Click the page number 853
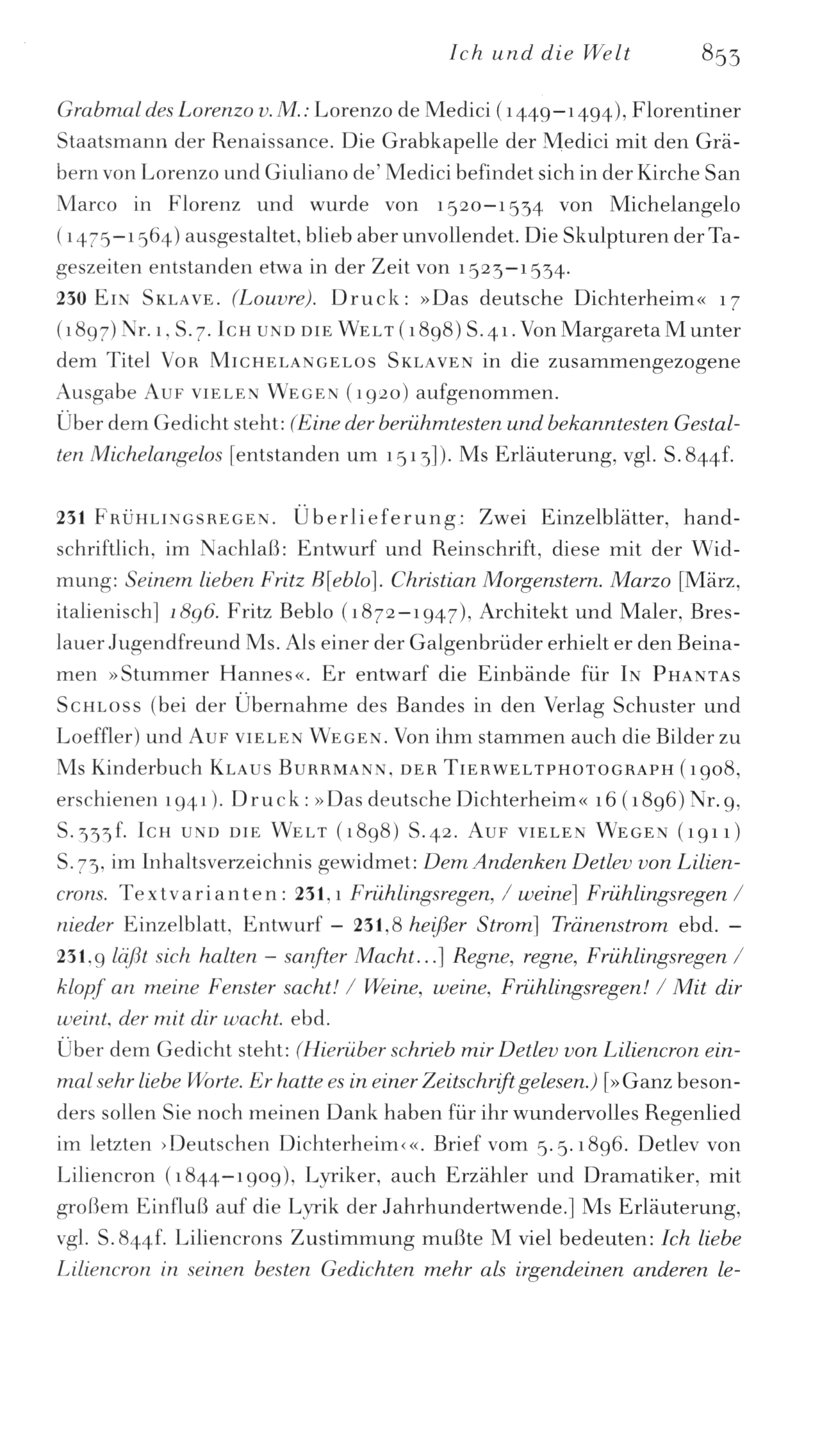(721, 53)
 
